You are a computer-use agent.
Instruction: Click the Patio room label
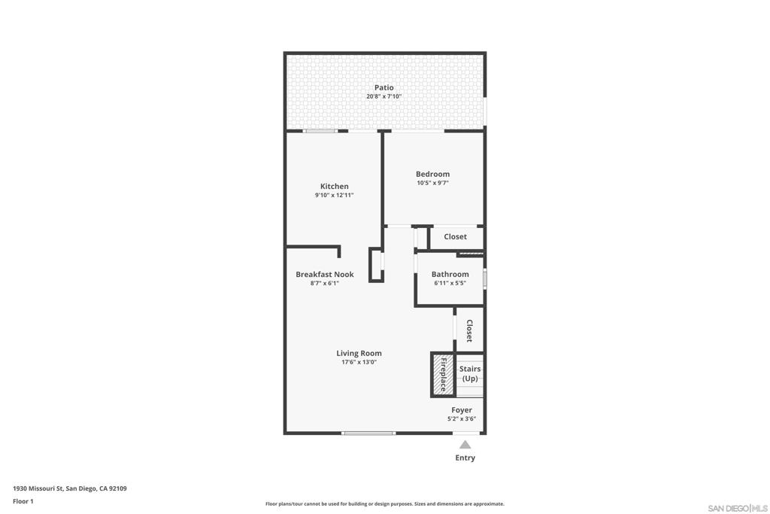[x=384, y=87]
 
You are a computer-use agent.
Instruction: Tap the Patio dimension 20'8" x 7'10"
[x=384, y=96]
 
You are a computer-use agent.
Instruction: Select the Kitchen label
[x=334, y=186]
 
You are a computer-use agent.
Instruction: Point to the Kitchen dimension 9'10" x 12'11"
[x=334, y=195]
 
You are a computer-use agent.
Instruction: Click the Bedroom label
[x=432, y=174]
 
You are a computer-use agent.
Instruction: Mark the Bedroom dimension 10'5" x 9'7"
[x=432, y=183]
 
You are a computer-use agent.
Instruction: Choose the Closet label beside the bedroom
[x=455, y=236]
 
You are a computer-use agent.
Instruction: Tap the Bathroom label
[x=450, y=274]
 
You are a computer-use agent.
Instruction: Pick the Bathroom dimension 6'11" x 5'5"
[x=450, y=283]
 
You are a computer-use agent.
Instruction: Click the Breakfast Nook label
[x=324, y=274]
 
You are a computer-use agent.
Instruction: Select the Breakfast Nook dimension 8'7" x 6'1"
[x=324, y=283]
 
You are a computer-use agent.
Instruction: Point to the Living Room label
[x=359, y=353]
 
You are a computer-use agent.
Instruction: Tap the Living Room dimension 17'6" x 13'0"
[x=359, y=362]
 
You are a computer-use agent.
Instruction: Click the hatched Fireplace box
[x=443, y=375]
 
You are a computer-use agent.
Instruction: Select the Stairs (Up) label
[x=470, y=373]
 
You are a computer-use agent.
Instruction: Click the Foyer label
[x=462, y=410]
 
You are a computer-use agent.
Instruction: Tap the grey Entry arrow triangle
[x=465, y=445]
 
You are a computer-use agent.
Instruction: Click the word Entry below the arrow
[x=465, y=458]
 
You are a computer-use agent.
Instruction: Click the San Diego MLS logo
[x=738, y=508]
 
